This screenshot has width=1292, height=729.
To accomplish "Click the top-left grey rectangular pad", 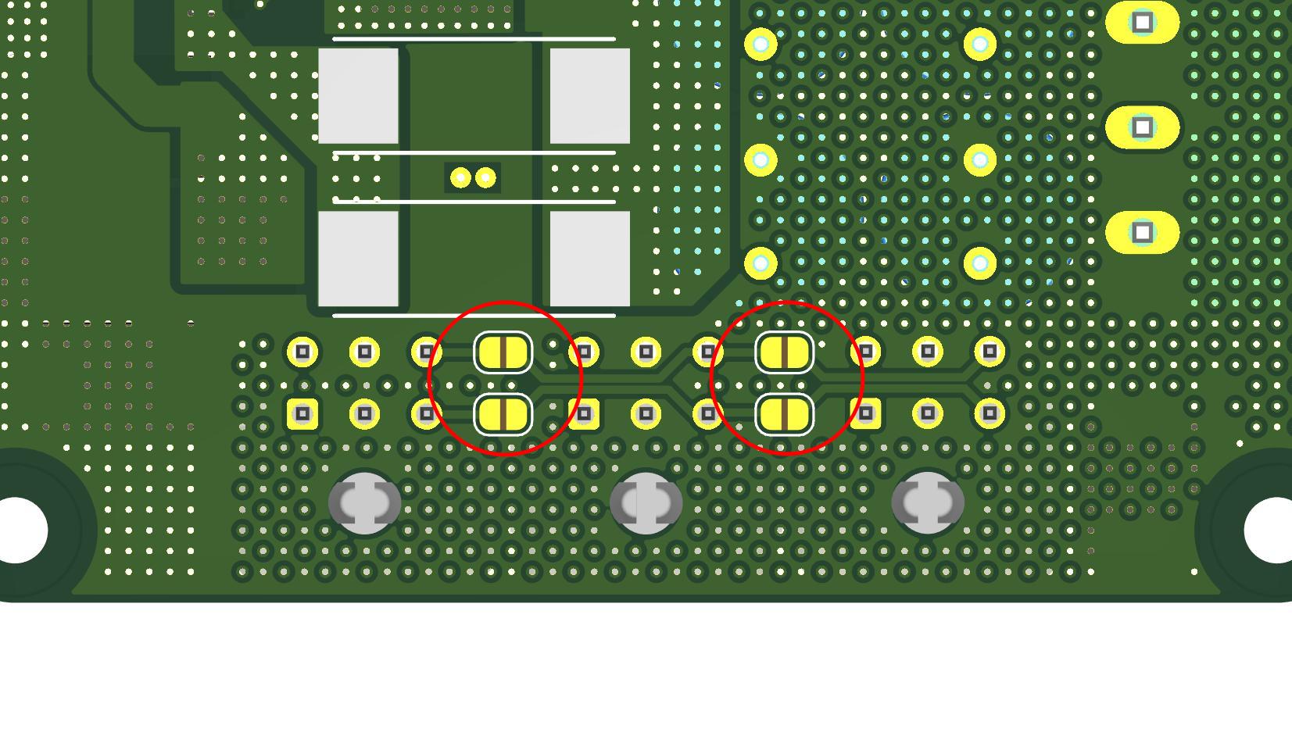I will point(358,95).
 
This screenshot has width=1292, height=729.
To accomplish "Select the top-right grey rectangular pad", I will point(589,95).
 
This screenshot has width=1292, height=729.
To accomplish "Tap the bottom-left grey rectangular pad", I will point(358,259).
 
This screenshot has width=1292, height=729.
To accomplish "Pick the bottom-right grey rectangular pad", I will point(589,259).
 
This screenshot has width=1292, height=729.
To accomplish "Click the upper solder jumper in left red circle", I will point(503,352).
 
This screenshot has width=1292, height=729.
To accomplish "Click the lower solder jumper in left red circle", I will point(503,414).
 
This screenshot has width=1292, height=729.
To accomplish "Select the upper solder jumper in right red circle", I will point(784,352).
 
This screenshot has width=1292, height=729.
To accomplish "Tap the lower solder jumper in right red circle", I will point(784,414).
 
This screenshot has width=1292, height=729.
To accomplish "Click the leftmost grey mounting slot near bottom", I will point(364,503).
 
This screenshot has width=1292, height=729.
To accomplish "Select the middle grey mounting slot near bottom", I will point(646,503).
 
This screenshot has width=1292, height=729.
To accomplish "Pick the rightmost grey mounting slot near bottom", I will point(927,503).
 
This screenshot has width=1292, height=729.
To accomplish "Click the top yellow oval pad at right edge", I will point(1142,22).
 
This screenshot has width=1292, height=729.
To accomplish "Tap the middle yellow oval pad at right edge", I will point(1142,127).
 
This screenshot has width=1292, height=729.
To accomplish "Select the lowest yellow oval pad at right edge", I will point(1142,232).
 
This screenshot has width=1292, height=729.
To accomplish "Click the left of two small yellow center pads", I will point(460,178).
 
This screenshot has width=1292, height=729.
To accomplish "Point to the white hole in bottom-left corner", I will point(17,530).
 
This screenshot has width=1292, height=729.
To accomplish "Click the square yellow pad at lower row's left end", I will point(302,413).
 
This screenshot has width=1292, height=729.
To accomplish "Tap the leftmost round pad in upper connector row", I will point(302,352).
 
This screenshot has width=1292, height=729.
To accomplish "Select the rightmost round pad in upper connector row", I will point(990,352).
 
